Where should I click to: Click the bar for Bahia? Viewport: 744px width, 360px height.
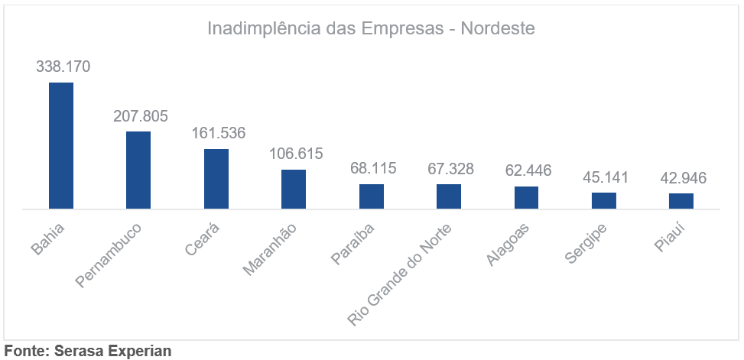coord(61,145)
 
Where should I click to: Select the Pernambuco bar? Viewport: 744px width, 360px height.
coord(138,170)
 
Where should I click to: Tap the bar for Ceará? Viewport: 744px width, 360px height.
coord(216,179)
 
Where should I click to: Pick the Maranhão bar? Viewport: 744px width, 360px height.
coord(294,189)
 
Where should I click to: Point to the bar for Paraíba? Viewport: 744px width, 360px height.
coord(372,196)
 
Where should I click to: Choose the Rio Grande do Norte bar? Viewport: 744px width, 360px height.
coord(449,196)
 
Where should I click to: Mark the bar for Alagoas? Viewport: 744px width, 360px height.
coord(526,197)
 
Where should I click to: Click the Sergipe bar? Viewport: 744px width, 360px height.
coord(604,200)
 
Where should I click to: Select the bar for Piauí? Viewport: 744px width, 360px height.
coord(681,201)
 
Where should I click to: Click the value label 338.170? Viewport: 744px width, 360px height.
coord(63,66)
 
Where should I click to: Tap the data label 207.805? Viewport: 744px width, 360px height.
coord(141,116)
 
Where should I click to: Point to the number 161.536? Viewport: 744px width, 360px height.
coord(218,133)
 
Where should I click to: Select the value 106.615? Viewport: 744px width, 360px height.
coord(296,154)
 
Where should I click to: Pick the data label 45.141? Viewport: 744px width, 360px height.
coord(606,177)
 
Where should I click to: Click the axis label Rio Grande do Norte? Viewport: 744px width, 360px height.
coord(401,274)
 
